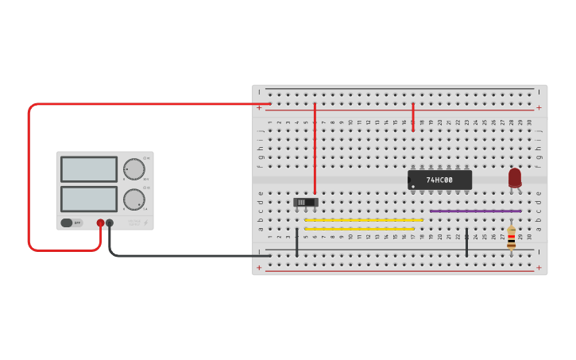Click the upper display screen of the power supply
click(x=88, y=168)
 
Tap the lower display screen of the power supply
click(x=88, y=199)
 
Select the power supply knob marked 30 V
click(x=133, y=168)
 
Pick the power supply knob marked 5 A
click(x=133, y=199)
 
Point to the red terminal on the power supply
click(x=100, y=223)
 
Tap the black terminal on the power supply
click(x=110, y=223)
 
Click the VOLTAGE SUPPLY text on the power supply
click(x=134, y=223)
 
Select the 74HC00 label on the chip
click(x=439, y=180)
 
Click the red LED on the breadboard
click(x=515, y=177)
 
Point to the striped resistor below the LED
click(x=511, y=237)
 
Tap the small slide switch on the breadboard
click(x=306, y=202)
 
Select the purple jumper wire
click(x=475, y=211)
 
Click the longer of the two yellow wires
click(x=364, y=220)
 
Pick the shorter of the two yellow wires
click(x=359, y=229)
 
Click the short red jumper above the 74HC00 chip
click(x=413, y=117)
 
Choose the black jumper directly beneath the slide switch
click(x=297, y=242)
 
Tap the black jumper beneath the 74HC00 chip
click(x=466, y=242)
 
